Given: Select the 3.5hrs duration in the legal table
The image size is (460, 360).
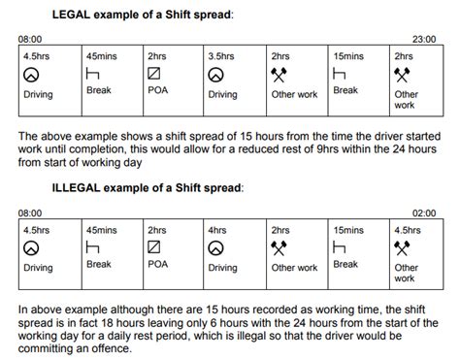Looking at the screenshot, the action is click(x=220, y=55).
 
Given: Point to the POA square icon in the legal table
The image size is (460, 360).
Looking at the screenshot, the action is click(x=153, y=74).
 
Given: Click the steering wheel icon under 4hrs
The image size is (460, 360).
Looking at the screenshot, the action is click(x=215, y=248).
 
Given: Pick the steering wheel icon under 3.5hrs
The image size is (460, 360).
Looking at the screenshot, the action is click(x=215, y=74).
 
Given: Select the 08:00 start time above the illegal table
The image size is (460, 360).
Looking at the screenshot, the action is click(x=30, y=212).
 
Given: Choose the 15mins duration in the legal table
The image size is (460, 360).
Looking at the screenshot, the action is click(x=346, y=55).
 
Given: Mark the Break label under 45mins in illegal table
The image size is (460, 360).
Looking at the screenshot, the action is click(x=98, y=264).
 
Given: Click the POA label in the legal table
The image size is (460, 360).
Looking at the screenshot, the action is click(x=156, y=93).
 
